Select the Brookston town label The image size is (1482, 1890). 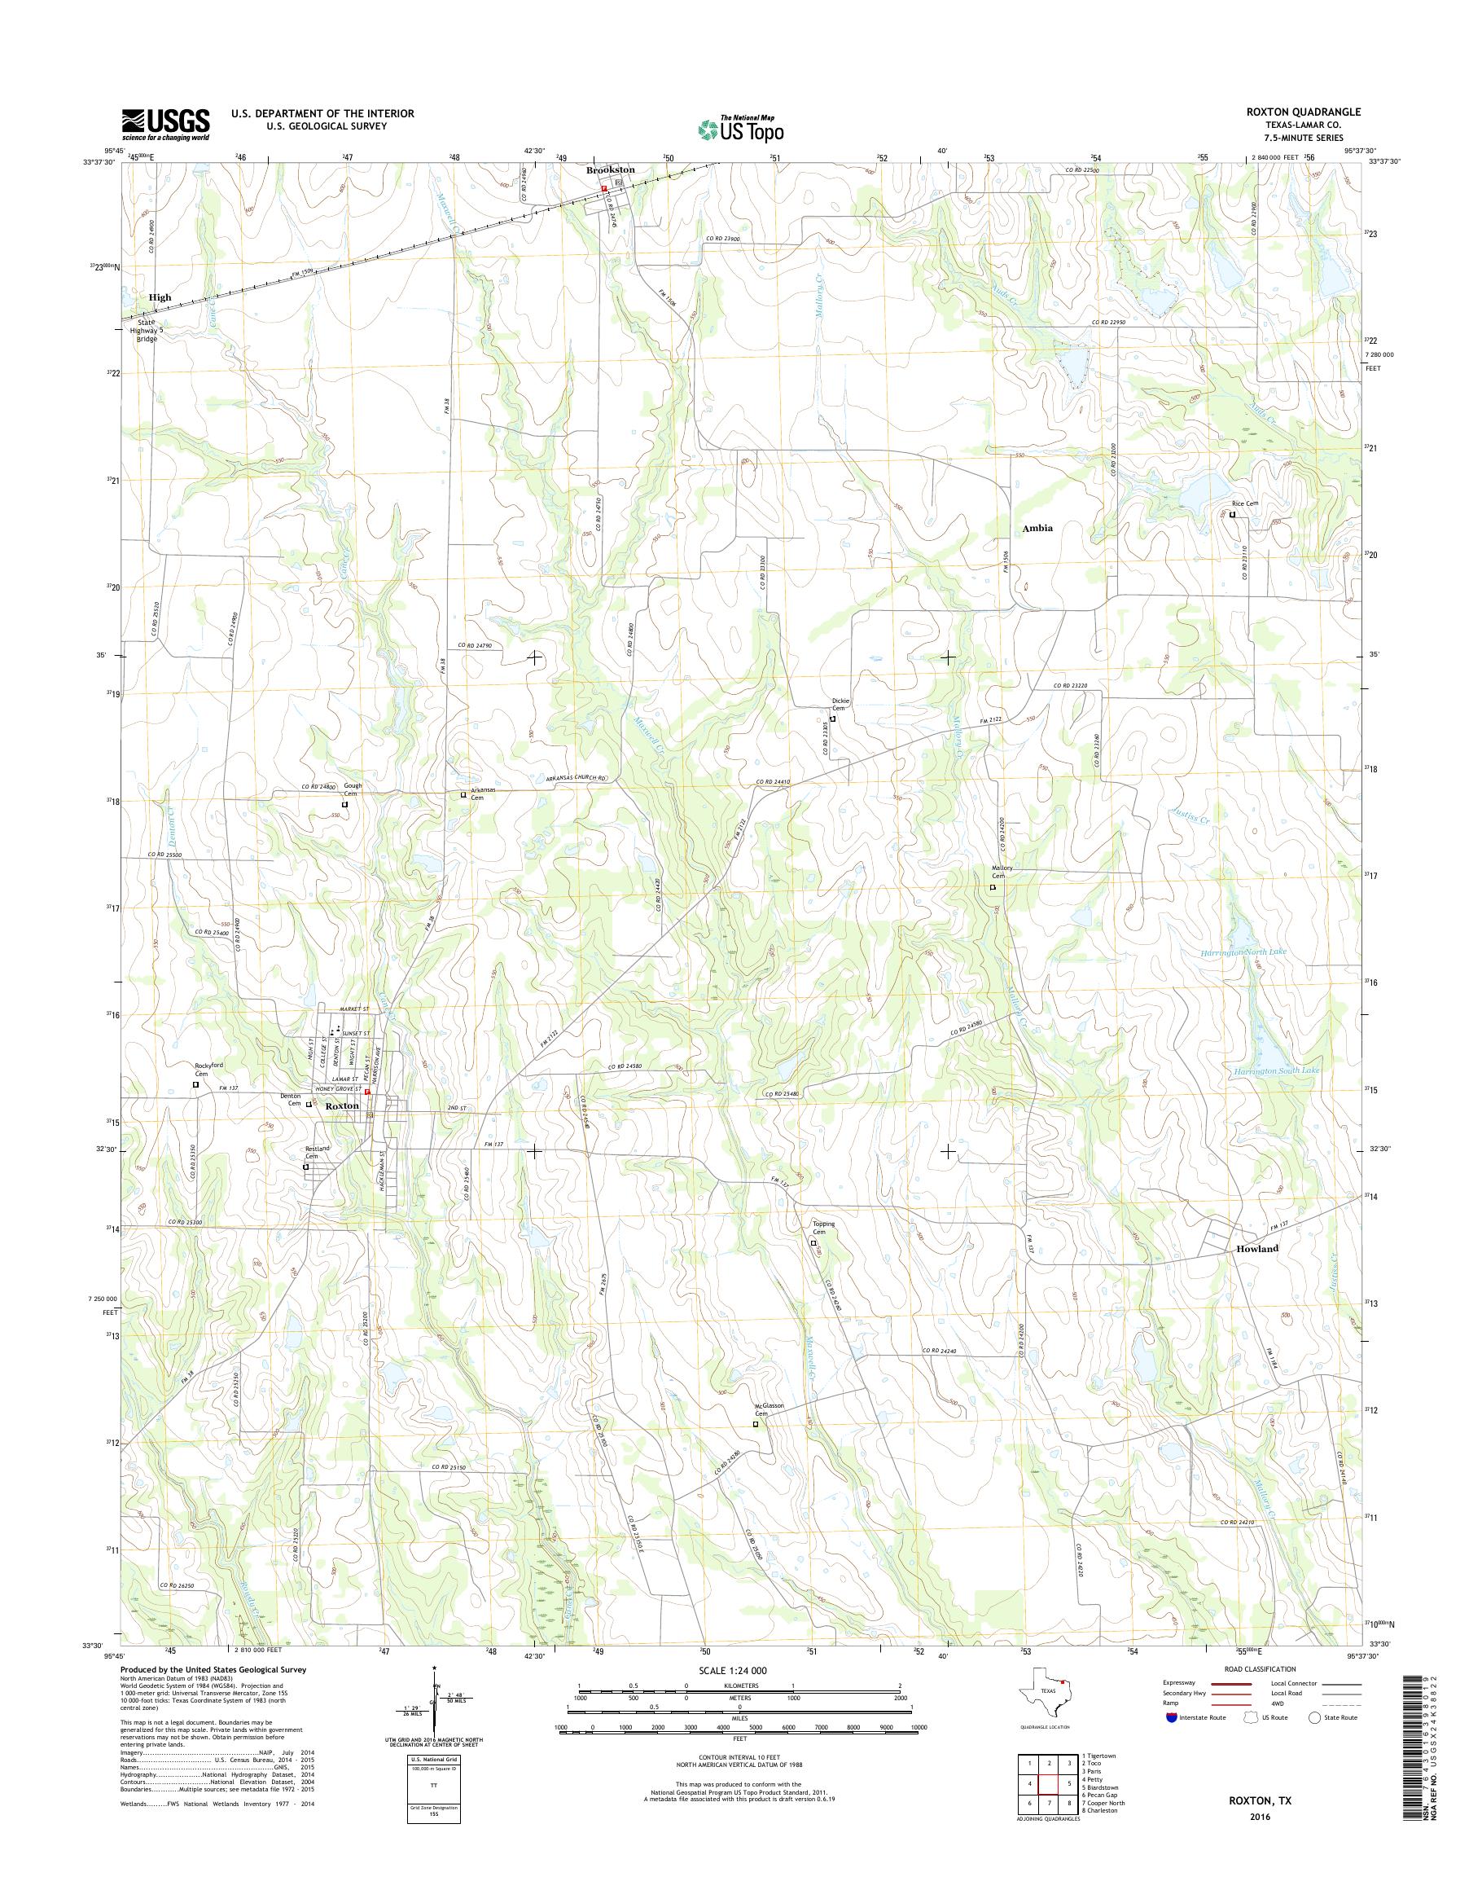click(x=610, y=170)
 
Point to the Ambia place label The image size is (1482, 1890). click(x=1037, y=527)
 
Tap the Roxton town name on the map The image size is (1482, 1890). click(x=341, y=1106)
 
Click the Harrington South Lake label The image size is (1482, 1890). click(x=1275, y=1071)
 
